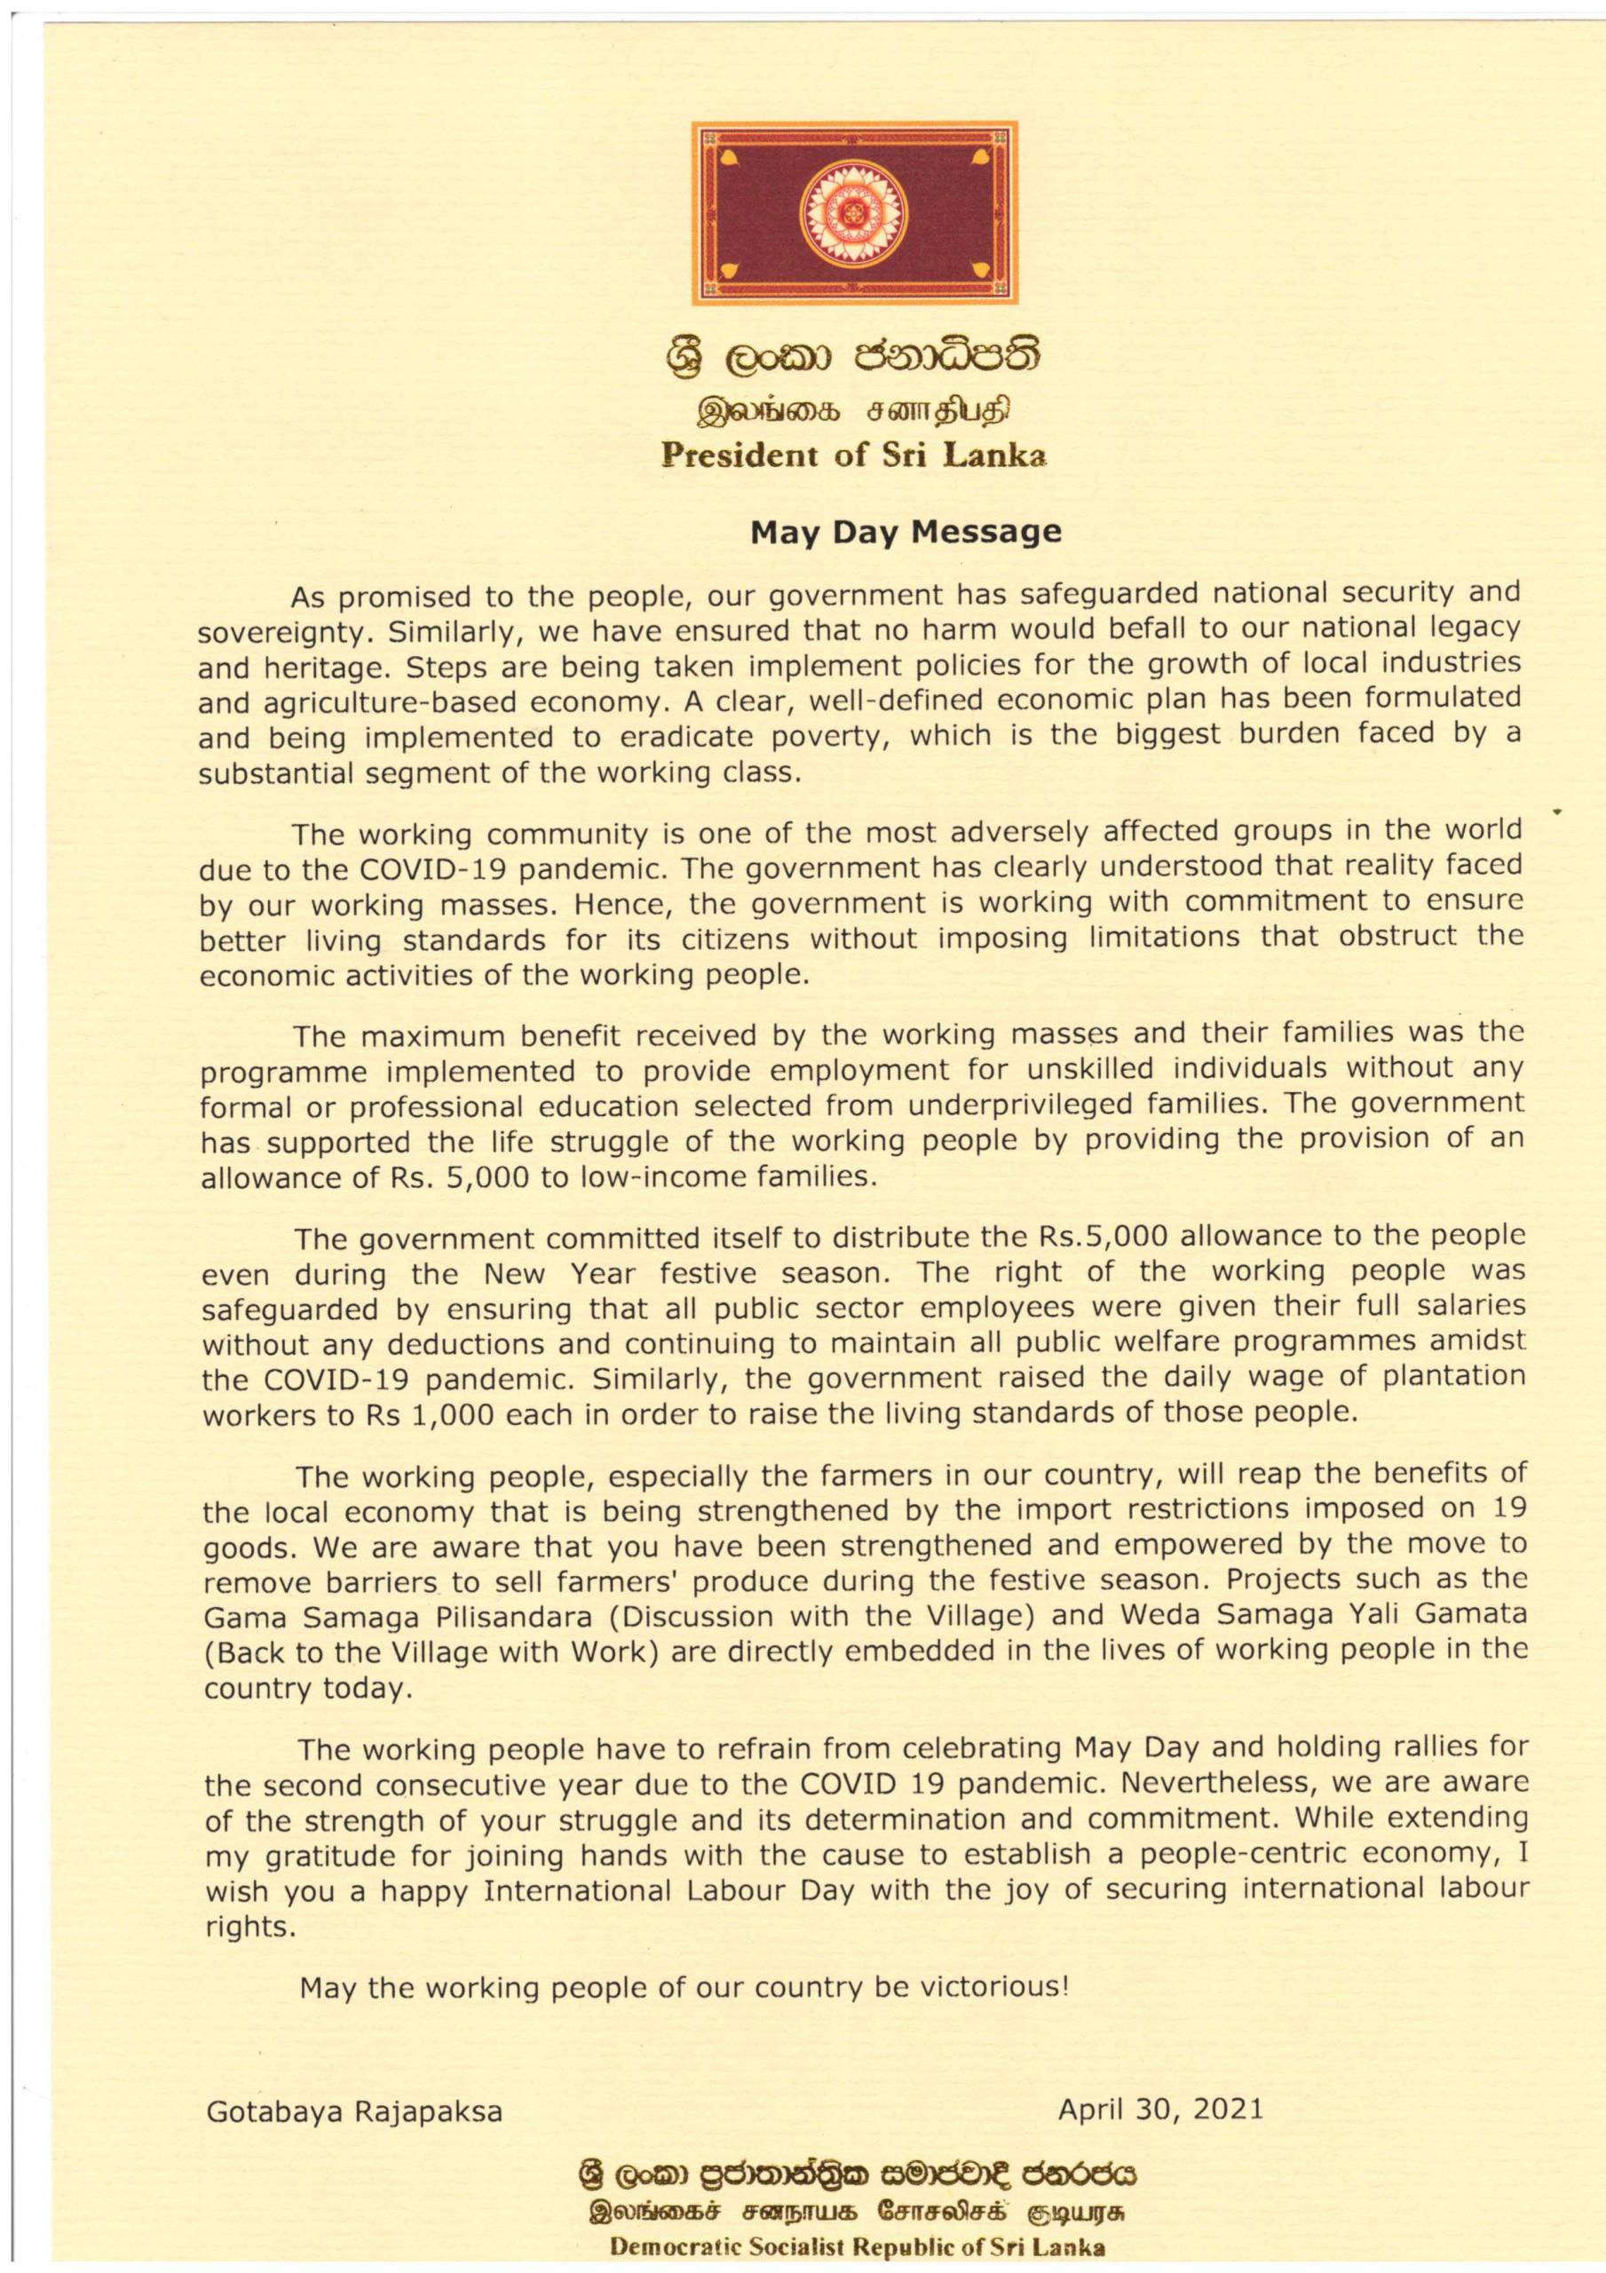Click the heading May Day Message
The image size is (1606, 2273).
pos(906,533)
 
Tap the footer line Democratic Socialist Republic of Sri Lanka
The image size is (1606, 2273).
pos(858,2239)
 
